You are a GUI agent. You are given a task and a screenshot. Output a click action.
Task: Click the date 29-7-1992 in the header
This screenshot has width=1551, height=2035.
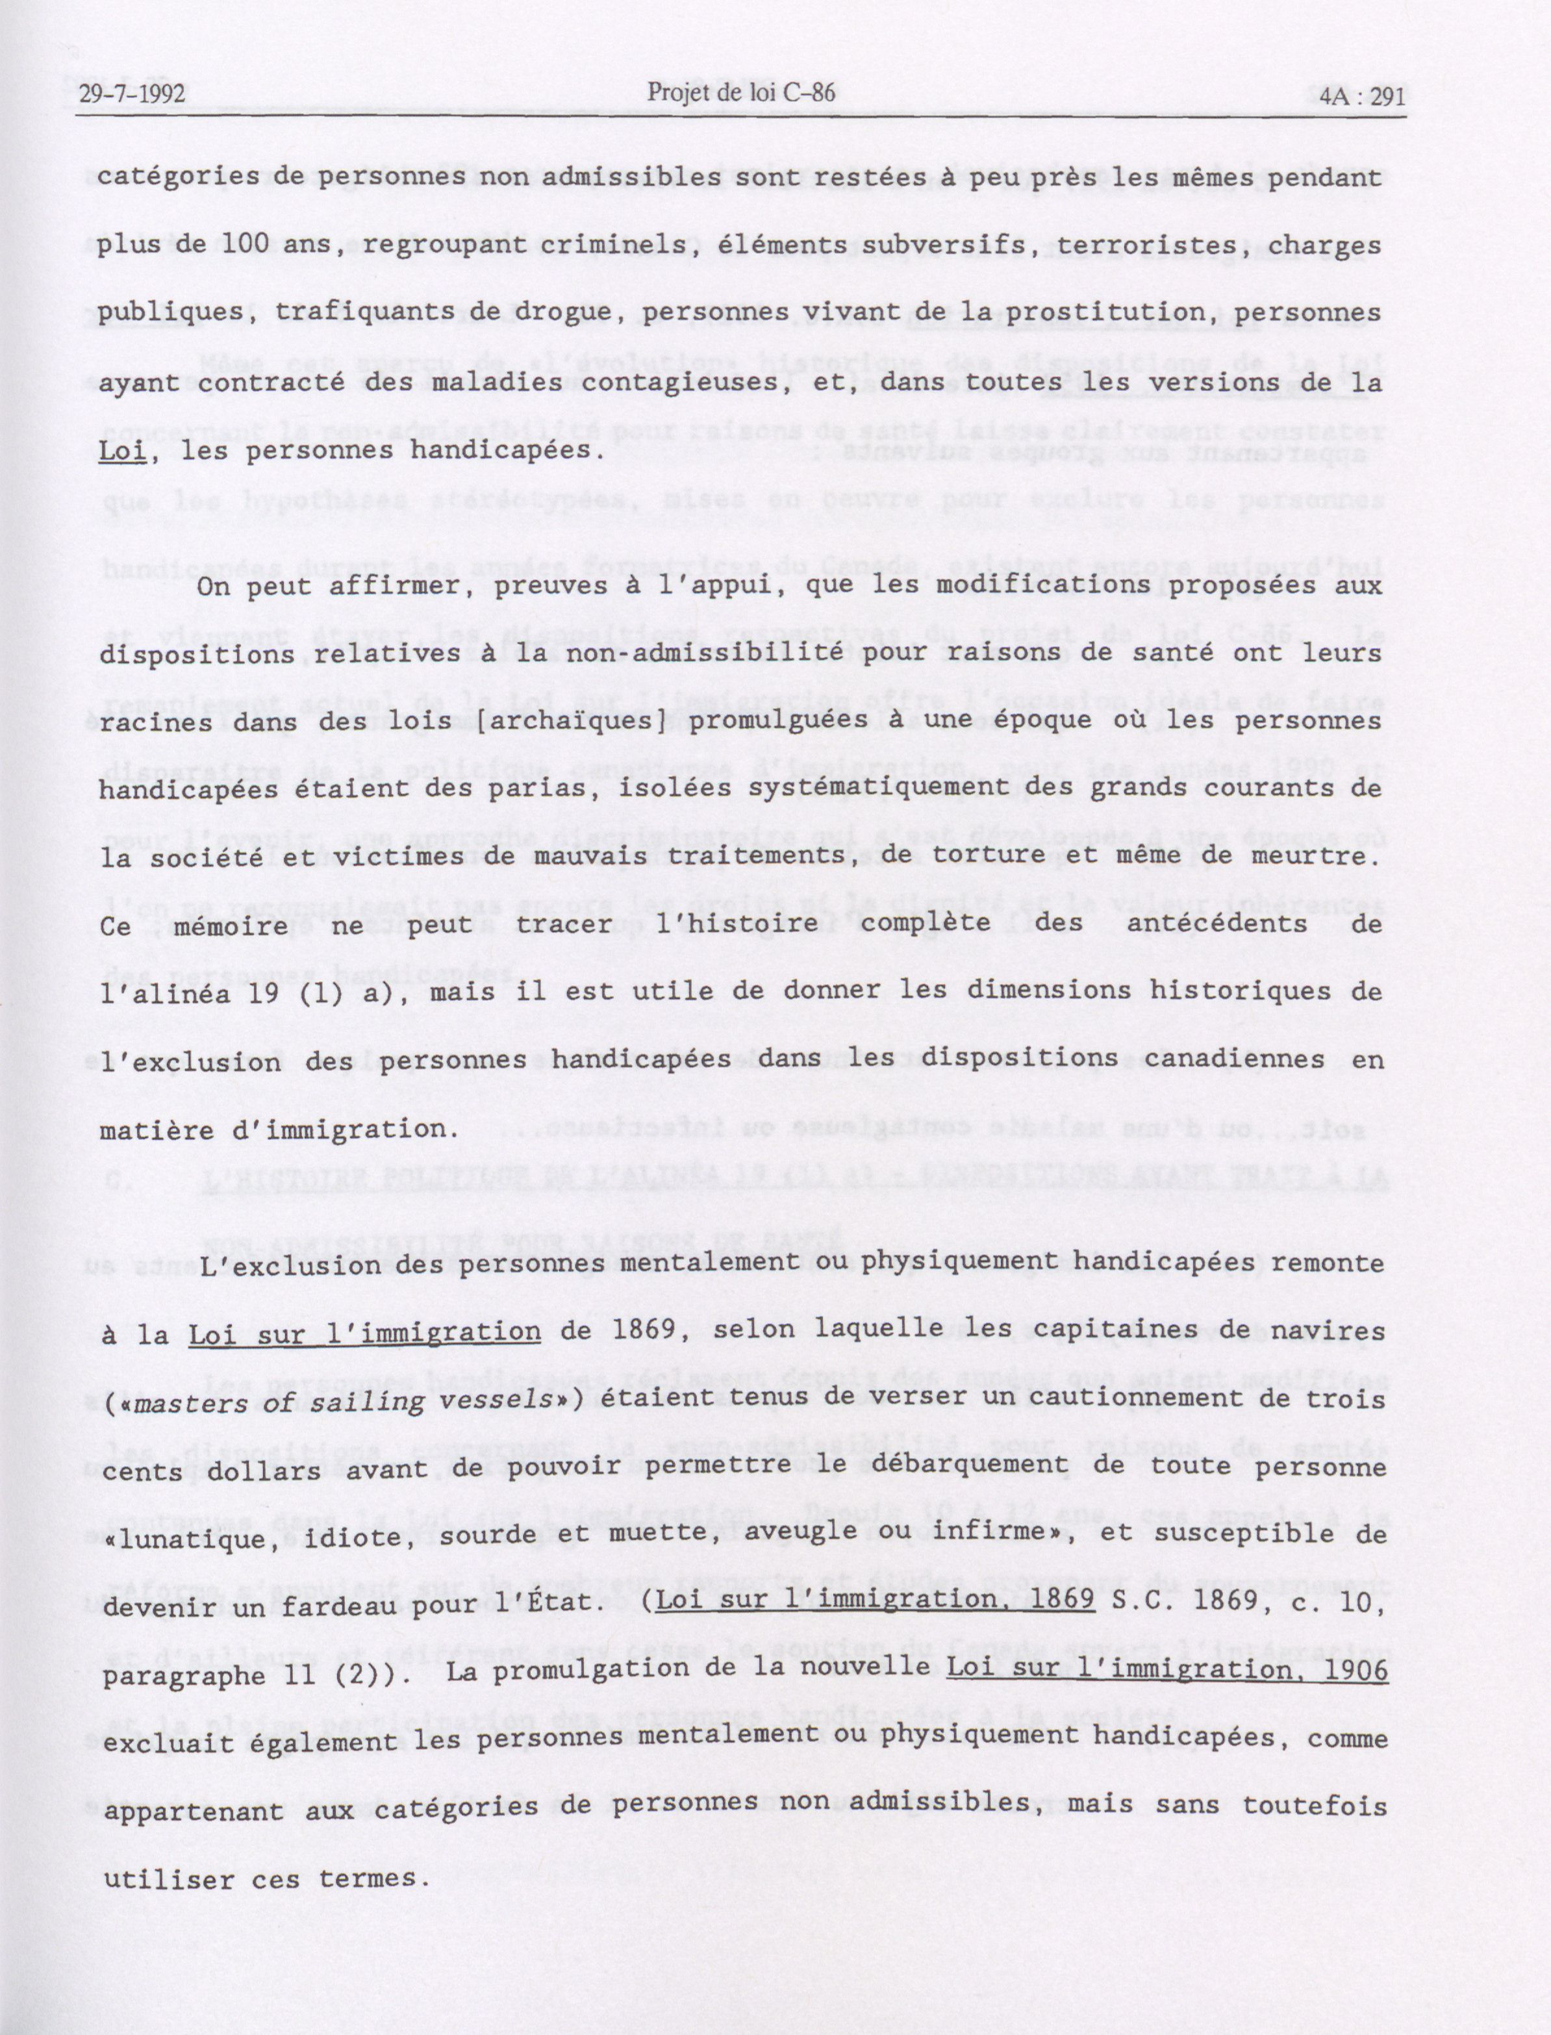pos(132,94)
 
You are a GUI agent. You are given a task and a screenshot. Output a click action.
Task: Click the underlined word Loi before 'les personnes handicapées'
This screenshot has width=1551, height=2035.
pos(122,451)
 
